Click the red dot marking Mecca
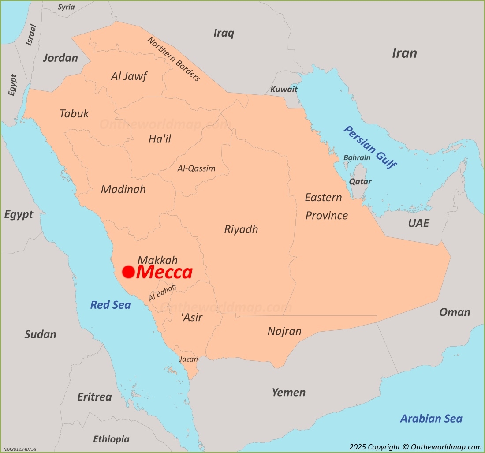coord(128,272)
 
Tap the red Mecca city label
coord(164,273)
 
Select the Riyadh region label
coord(241,229)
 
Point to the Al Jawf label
coord(129,76)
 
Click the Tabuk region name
coord(74,114)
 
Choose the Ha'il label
coord(160,139)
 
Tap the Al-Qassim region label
coord(196,168)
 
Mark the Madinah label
coord(123,189)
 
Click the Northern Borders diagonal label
coord(174,59)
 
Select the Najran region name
coord(284,331)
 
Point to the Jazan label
coord(188,359)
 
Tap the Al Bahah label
coord(162,293)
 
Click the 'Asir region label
coord(192,317)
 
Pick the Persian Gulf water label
coord(370,147)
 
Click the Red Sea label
coord(110,305)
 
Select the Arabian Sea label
coord(431,419)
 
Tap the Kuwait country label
coord(284,89)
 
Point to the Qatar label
coord(360,181)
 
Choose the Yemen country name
coord(288,392)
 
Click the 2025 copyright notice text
coord(415,447)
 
